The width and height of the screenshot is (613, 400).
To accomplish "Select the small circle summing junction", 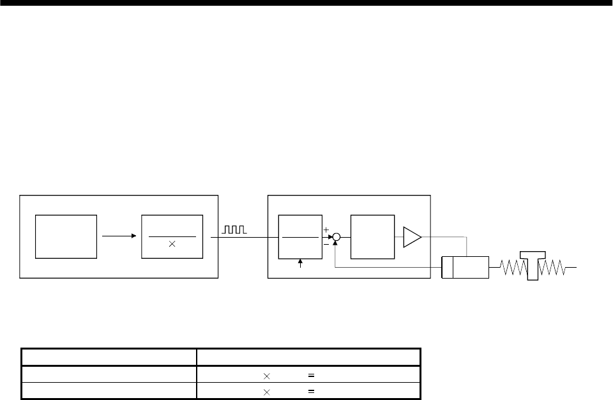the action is (336, 236).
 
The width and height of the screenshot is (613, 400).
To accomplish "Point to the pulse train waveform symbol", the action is (235, 229).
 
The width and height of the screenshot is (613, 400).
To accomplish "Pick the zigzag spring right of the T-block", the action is (553, 266).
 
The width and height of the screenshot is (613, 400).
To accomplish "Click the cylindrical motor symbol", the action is (465, 267).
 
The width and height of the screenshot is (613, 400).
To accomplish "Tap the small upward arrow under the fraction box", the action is (300, 264).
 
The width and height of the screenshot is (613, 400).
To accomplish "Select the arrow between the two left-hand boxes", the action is (118, 236).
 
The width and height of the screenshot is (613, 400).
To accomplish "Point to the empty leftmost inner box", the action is (66, 236).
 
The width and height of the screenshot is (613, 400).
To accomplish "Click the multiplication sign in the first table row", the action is (267, 376).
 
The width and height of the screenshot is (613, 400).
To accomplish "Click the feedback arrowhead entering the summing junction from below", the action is (336, 243).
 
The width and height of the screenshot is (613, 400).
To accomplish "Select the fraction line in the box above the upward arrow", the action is (300, 236).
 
